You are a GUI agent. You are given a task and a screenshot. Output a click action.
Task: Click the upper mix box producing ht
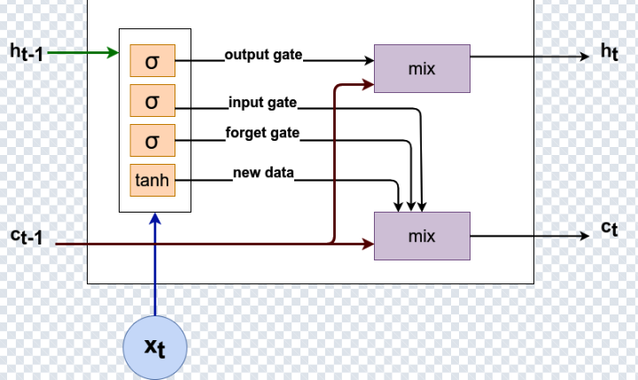click(x=422, y=67)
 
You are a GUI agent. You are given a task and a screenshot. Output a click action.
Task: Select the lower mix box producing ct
click(x=422, y=237)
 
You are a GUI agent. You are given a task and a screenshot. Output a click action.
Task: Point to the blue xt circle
click(x=155, y=346)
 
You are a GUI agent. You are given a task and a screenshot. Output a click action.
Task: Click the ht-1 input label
click(x=27, y=53)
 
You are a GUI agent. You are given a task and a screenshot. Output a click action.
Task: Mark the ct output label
click(x=609, y=229)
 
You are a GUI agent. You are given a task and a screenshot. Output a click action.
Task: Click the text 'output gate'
click(x=263, y=55)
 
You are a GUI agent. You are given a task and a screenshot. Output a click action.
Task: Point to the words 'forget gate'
click(x=261, y=133)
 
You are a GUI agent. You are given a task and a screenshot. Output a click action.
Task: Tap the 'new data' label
click(x=263, y=172)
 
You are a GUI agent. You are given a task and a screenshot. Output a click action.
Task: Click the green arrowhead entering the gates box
click(x=113, y=54)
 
